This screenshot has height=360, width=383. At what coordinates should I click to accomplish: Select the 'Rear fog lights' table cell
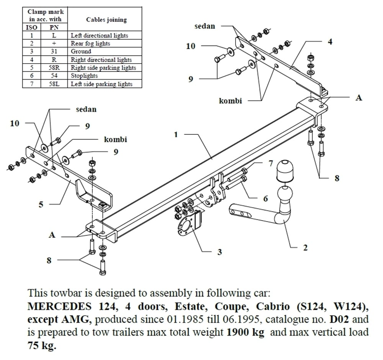(x=90, y=44)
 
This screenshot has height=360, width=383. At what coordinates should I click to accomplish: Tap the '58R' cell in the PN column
(x=54, y=68)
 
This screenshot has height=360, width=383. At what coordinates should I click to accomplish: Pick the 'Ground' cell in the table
(x=81, y=51)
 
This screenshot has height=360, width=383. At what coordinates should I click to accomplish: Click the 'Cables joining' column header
(x=106, y=20)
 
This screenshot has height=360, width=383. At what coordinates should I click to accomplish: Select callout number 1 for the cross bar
(x=176, y=135)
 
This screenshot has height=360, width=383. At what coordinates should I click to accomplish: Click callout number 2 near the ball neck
(x=305, y=248)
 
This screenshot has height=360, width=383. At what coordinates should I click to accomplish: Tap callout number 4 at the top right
(x=330, y=41)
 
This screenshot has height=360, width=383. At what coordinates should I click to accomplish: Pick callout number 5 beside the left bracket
(x=41, y=204)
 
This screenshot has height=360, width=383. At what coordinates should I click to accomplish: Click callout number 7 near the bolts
(x=271, y=164)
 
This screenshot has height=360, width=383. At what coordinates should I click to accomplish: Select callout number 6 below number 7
(x=266, y=198)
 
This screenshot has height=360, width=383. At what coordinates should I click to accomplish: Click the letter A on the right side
(x=359, y=98)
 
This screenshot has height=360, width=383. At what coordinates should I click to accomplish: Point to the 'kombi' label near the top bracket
(x=231, y=101)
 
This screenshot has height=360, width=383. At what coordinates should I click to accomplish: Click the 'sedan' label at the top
(x=205, y=26)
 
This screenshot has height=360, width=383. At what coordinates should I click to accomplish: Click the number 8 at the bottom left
(x=49, y=260)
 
